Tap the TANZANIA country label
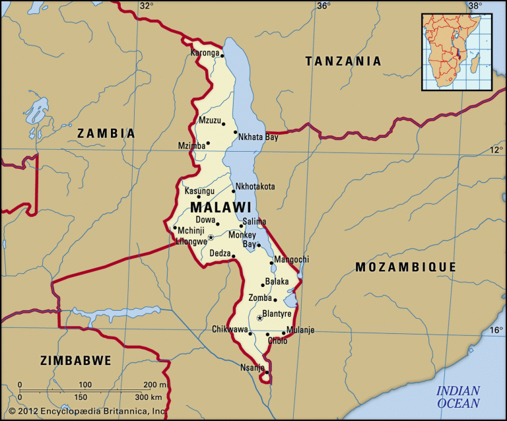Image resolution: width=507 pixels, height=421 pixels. pos(343,61)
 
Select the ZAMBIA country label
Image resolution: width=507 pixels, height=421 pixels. pos(106,133)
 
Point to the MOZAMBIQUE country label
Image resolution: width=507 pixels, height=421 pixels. pos(405,267)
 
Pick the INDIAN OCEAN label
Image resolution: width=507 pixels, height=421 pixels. pos(458,397)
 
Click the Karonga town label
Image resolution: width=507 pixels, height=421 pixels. pos(204,52)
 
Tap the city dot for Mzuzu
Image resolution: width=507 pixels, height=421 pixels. pos(223,123)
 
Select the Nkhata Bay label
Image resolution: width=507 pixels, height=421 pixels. pos(258,137)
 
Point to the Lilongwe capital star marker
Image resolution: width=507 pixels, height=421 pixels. pos(211,237)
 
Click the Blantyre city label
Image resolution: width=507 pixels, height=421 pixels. pos(277,313)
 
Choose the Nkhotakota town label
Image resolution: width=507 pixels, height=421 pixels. pos(255,187)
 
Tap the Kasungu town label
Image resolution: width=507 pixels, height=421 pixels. pos(199,191)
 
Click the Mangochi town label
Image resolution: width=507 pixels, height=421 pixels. pos(290,259)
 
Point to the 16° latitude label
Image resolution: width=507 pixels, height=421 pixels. pos(496,331)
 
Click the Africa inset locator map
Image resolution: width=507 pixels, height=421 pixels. pos(457,51)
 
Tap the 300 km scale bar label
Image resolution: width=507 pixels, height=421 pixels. pos(151,397)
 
